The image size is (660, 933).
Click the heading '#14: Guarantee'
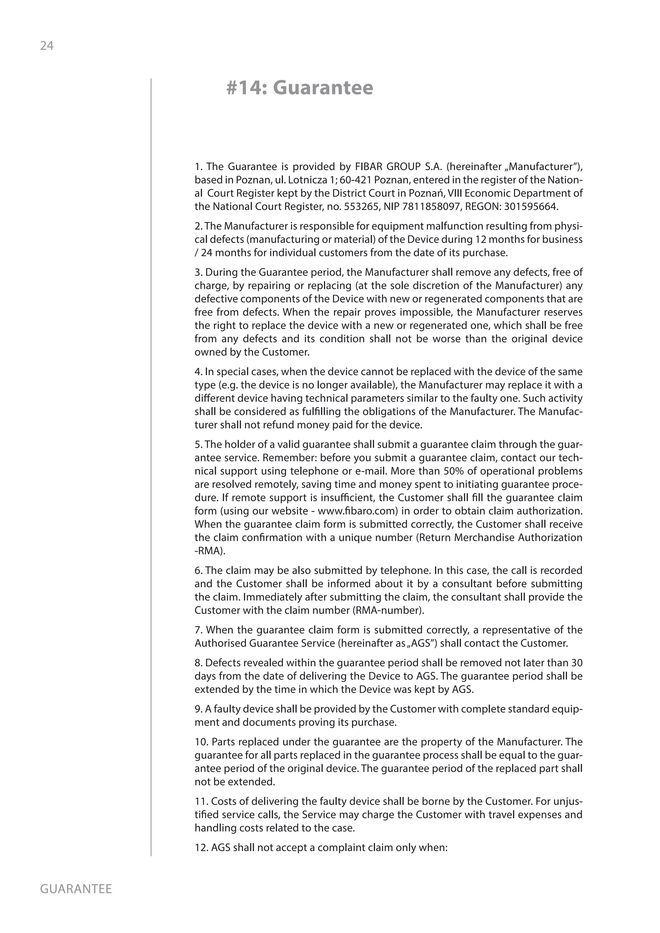299,88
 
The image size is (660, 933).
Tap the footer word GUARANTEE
76,889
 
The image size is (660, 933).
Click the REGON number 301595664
531,207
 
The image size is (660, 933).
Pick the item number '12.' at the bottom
201,848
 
